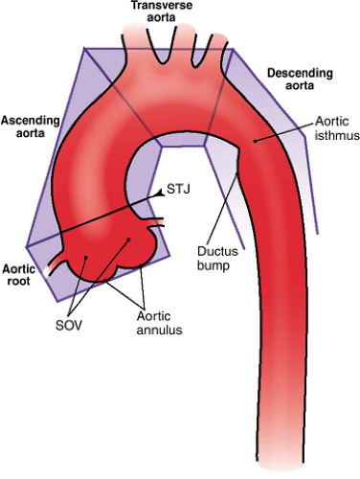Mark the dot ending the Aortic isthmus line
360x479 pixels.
point(253,141)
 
